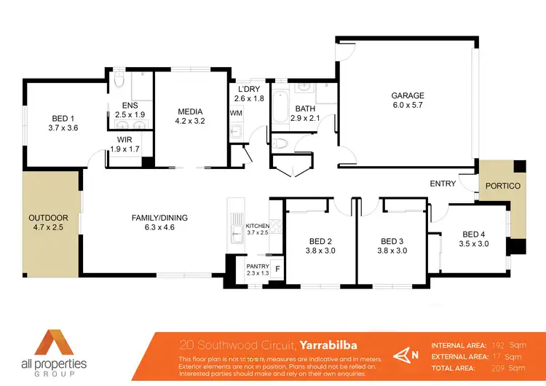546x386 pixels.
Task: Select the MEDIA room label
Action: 189,111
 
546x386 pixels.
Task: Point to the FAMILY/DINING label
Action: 159,217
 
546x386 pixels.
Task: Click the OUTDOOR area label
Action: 48,218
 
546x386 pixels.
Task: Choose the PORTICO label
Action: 504,186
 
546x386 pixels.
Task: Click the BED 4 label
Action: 475,234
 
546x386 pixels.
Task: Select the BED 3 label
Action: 392,241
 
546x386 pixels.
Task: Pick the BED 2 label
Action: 320,241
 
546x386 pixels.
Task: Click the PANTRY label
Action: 258,267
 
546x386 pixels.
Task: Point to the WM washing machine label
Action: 235,114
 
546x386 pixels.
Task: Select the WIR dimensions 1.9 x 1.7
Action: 124,149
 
